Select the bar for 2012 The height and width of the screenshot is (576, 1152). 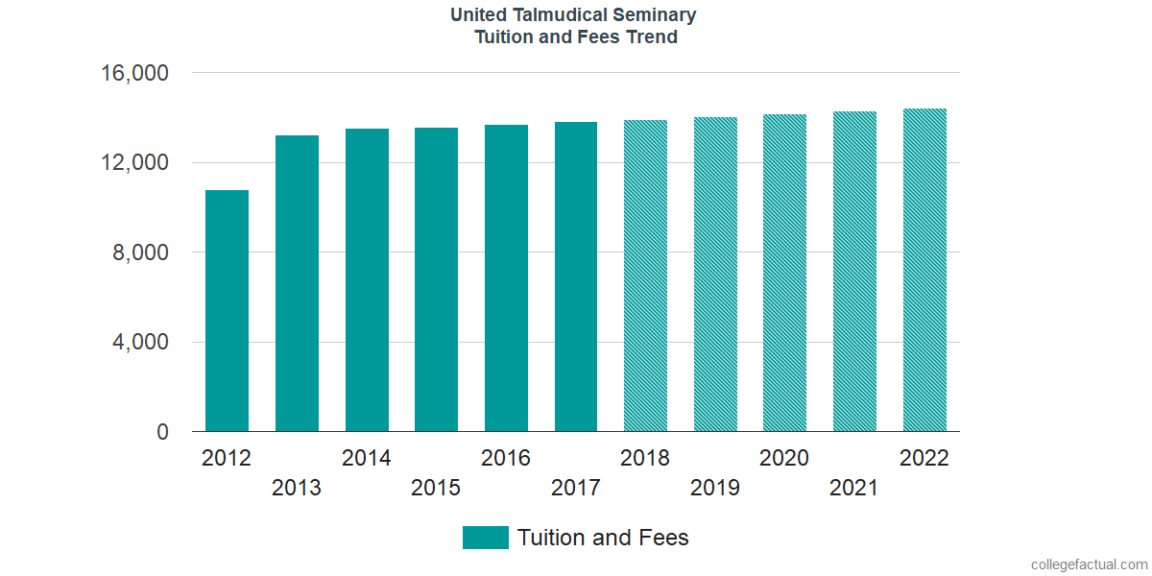coord(227,311)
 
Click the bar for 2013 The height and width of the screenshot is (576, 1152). coord(297,283)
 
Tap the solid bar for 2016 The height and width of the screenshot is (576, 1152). coord(506,278)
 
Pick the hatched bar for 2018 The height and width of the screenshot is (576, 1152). coord(645,276)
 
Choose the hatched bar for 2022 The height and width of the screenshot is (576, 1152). coord(924,270)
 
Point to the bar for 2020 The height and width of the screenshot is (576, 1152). coord(784,273)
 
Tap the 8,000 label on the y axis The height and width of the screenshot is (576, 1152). coord(142,252)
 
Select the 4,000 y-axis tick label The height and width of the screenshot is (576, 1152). coord(142,343)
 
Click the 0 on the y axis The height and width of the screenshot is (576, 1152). coord(163,432)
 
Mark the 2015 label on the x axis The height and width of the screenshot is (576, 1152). coord(436,488)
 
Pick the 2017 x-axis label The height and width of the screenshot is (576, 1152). coord(576,488)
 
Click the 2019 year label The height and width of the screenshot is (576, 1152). coord(715,488)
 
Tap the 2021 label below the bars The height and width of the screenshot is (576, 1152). coord(854,488)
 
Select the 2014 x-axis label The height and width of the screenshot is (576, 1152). coord(367,458)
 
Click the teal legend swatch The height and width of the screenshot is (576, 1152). coord(485,538)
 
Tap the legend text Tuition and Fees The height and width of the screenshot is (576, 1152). coord(603,538)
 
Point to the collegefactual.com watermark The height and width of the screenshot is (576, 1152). coord(1089,564)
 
